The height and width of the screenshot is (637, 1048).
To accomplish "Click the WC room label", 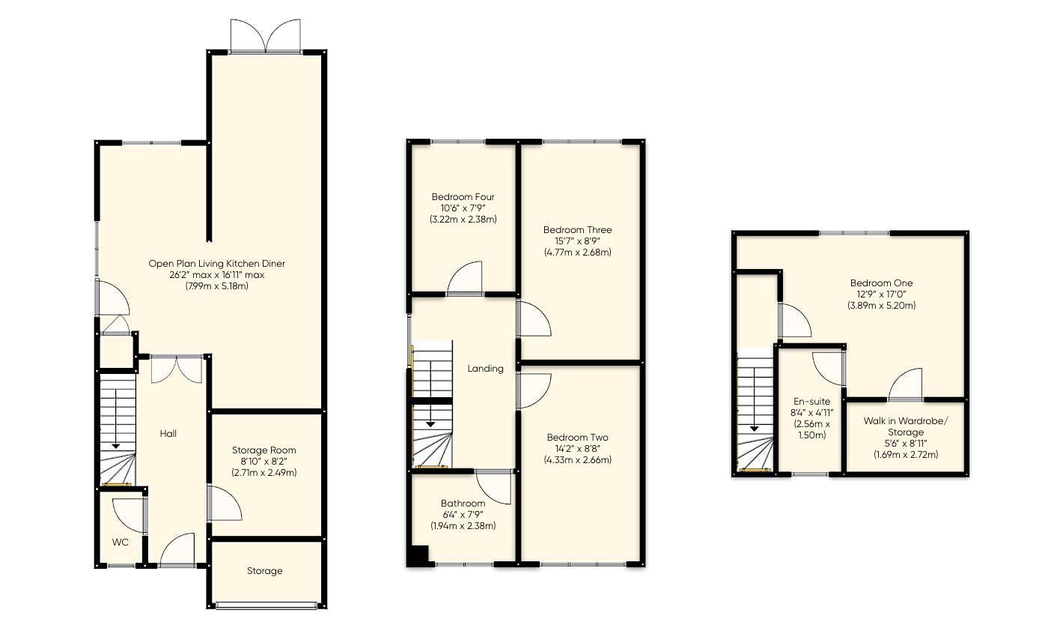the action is click(121, 543).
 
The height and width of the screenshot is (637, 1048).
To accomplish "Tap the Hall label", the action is click(168, 434).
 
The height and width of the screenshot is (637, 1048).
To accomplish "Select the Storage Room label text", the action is click(263, 450).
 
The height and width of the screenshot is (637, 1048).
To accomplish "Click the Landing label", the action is click(485, 369).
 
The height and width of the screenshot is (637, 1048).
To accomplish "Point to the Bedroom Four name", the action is click(463, 196).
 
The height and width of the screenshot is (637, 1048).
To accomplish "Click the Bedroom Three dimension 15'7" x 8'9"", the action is click(577, 241).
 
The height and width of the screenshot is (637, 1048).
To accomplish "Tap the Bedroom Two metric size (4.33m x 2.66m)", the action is click(577, 459).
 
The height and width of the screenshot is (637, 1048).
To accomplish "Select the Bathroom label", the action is click(463, 503).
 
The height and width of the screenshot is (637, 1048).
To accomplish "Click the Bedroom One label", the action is click(882, 283).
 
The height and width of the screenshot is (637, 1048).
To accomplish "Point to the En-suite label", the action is click(811, 402).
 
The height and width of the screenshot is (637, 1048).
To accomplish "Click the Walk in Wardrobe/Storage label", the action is click(906, 426).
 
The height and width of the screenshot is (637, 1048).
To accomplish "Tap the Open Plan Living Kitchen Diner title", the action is click(216, 264).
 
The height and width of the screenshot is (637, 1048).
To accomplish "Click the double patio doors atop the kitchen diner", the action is click(265, 36).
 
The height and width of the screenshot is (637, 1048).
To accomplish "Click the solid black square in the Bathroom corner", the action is click(418, 556).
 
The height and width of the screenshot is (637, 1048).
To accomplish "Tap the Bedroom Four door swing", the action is click(465, 278).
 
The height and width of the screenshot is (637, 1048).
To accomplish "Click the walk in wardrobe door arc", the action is click(905, 384).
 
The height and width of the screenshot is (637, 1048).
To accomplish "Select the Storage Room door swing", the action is click(225, 503).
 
